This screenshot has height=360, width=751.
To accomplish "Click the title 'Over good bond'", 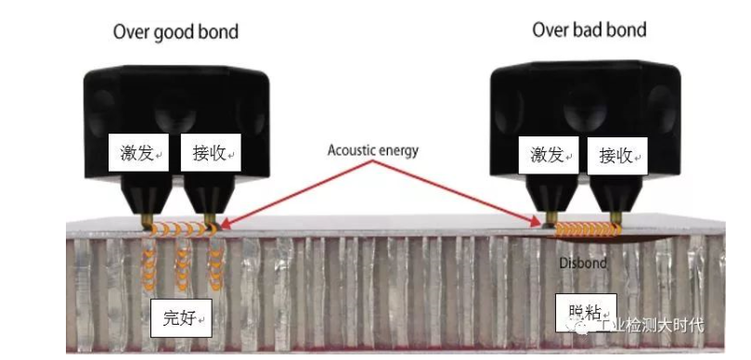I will tap(175, 32).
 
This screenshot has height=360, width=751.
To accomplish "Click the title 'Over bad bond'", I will tap(589, 30).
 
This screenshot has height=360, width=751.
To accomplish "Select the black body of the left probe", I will tap(177, 102).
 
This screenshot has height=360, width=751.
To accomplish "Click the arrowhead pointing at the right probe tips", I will tap(538, 223).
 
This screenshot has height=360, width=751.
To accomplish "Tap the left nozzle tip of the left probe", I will tap(149, 220).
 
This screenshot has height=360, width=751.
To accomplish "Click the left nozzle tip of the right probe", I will tap(551, 220).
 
